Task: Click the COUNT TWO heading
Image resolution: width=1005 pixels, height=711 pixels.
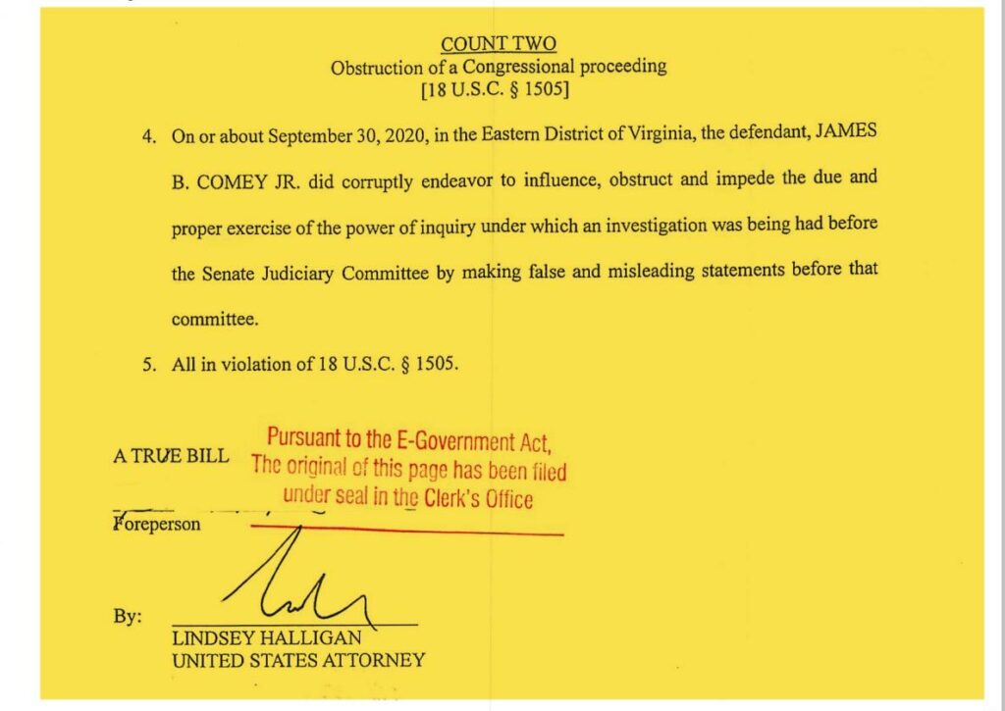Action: (499, 44)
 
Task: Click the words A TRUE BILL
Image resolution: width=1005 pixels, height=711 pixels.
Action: (171, 456)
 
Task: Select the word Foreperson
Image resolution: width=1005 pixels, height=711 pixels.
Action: (157, 524)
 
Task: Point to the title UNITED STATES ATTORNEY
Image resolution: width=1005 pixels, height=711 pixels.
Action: (298, 660)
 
